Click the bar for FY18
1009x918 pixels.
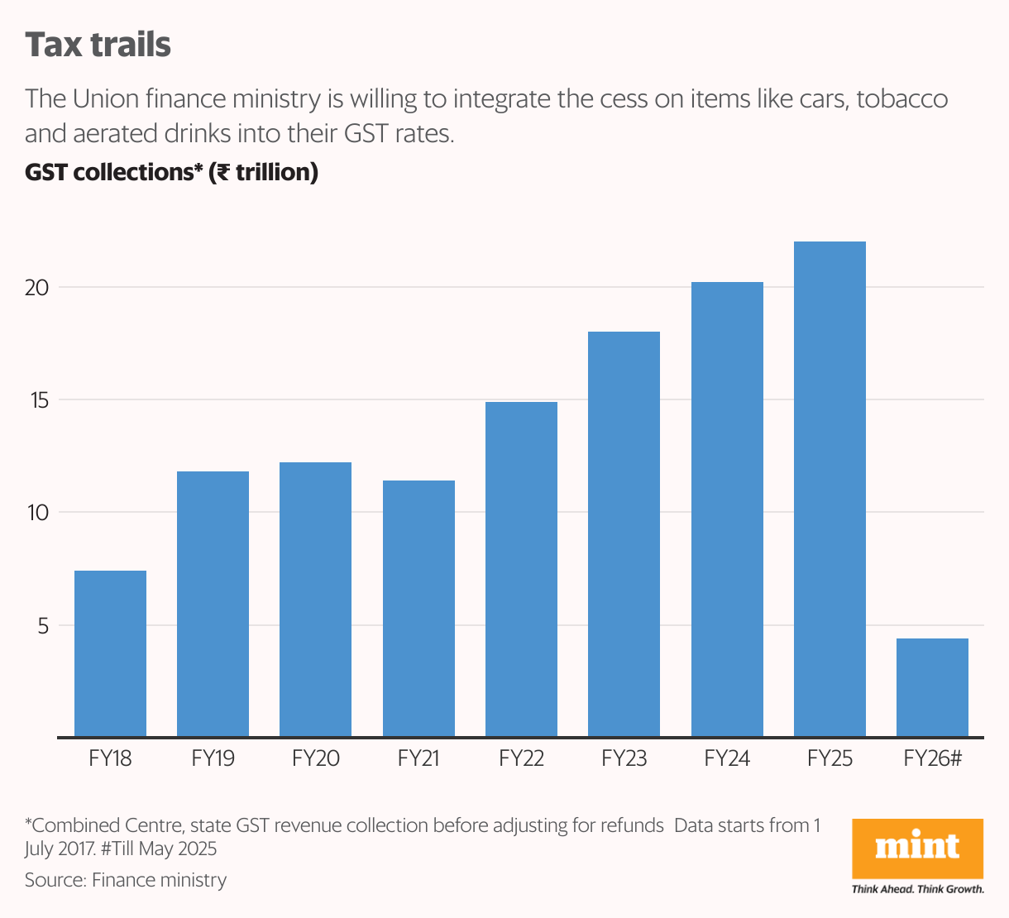click(x=110, y=653)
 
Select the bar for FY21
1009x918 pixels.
click(x=418, y=609)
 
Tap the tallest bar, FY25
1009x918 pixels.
click(x=830, y=489)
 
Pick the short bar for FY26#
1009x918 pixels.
click(x=932, y=687)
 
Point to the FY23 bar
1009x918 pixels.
click(x=624, y=534)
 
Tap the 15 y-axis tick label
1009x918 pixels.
click(x=38, y=400)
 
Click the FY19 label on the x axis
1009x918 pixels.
click(x=213, y=758)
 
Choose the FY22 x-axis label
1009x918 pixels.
click(x=521, y=758)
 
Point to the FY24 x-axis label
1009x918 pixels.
click(x=727, y=758)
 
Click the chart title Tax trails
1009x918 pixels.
click(x=98, y=45)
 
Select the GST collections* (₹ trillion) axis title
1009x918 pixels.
click(x=171, y=172)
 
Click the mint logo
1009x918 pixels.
click(x=917, y=847)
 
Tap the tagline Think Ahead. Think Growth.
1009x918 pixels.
click(x=917, y=889)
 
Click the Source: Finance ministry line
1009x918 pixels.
click(x=126, y=880)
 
